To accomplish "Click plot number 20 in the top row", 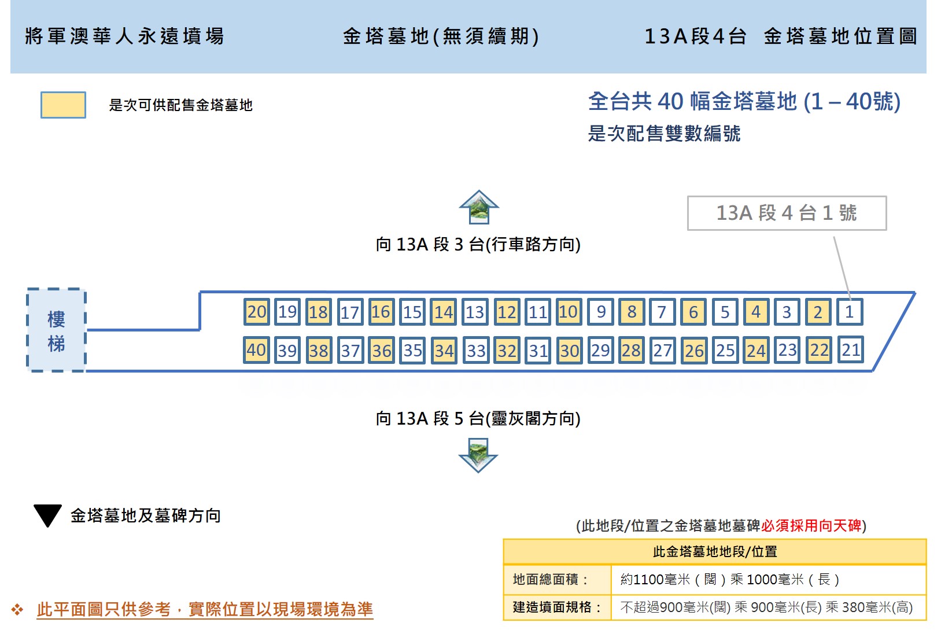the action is coord(256,312).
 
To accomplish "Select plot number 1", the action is coord(850,312).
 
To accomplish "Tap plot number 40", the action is coord(256,349).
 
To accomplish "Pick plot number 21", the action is coord(850,349).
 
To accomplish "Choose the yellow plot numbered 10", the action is coord(569,312).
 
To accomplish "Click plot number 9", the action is coord(600,312).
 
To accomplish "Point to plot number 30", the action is coord(569,349).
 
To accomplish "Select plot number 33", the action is coord(475,349).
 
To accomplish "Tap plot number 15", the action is coord(412,312).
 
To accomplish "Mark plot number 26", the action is coord(694,349).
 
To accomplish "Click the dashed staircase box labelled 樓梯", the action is coord(56,330).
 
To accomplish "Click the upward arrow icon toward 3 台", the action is coord(479,207).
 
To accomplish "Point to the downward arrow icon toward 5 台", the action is coord(478,455).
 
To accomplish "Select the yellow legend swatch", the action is coord(63,105).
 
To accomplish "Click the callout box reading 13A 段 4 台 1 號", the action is coord(787,213).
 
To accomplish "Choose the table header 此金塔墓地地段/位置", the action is coord(715,551).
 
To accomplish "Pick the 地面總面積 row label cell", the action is coord(557,580).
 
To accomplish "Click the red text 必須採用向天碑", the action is coord(811,525).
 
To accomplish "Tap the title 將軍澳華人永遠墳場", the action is coord(125,36).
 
